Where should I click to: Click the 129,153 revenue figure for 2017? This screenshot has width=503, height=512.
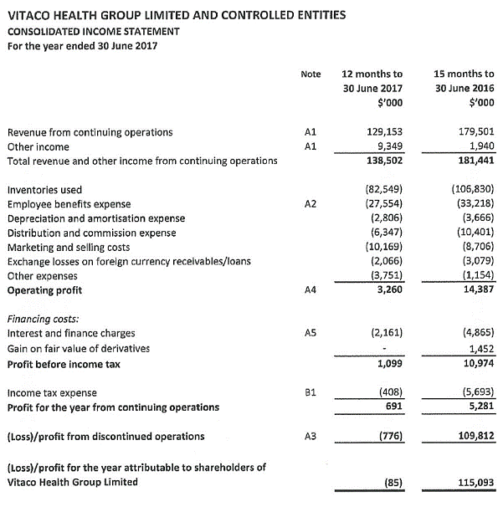tap(386, 132)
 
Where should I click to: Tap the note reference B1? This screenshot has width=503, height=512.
tap(310, 392)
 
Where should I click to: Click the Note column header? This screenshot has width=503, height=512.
tap(311, 74)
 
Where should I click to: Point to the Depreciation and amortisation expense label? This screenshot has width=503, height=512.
tap(96, 218)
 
